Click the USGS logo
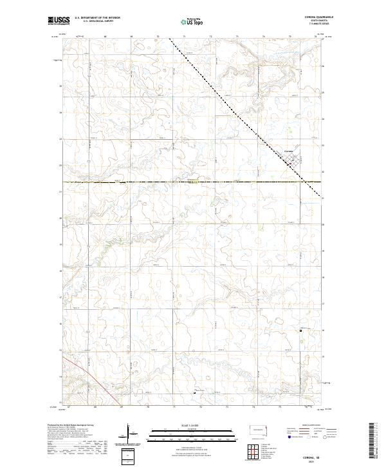pyautogui.click(x=58, y=21)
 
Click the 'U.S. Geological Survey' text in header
pyautogui.click(x=94, y=23)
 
